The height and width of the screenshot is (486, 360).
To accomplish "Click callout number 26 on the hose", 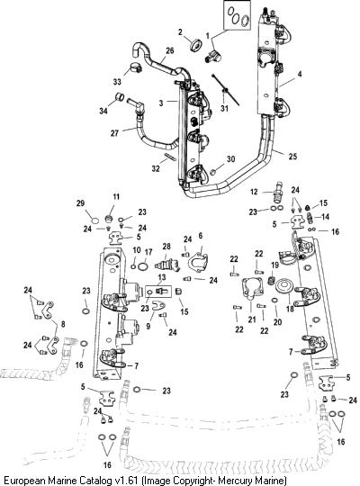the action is click(170, 50).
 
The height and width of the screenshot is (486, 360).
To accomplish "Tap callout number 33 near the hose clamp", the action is click(117, 82).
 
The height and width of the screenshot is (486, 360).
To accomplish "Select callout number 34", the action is click(103, 110).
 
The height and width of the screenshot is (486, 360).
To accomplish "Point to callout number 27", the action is click(114, 133).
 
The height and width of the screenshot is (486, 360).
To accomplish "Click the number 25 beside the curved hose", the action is click(292, 157).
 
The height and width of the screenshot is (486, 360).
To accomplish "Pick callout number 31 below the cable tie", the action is click(224, 108).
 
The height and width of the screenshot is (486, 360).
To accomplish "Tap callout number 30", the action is click(231, 159).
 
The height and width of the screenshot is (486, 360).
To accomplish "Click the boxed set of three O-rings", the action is click(238, 15).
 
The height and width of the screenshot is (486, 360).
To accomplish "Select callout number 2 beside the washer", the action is click(180, 31).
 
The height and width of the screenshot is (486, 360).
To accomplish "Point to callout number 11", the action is click(116, 197).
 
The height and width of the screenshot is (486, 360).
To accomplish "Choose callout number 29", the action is click(80, 203).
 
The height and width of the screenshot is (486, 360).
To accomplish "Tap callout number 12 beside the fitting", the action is click(254, 192).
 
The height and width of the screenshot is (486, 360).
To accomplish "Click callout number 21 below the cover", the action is click(252, 319).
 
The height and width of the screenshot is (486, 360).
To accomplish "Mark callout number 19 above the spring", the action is click(275, 265).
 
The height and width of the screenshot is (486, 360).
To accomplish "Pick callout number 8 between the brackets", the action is click(63, 324).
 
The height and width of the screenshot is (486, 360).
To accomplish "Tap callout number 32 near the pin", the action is click(156, 168).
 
